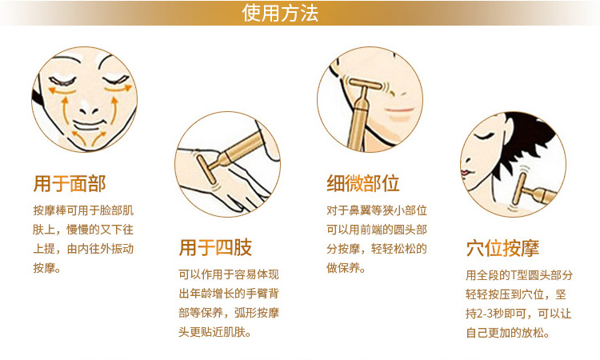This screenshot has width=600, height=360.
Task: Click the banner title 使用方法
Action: [280, 13]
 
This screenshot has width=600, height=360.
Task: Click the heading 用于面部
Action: [70, 184]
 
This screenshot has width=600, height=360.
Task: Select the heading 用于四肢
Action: [215, 247]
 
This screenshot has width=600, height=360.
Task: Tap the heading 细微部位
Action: [362, 183]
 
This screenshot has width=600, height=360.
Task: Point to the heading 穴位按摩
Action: [502, 248]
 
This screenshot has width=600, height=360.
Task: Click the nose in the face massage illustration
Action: [89, 110]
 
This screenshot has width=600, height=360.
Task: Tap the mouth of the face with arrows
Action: [89, 125]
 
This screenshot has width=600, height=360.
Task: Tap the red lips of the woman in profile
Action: [465, 172]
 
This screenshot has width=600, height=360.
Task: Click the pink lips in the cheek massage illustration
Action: [399, 110]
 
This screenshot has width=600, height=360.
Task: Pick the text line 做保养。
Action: [346, 268]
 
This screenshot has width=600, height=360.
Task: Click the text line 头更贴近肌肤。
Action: [214, 332]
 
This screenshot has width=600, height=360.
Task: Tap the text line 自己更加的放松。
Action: [508, 333]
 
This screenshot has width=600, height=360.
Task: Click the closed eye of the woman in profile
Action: [483, 136]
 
